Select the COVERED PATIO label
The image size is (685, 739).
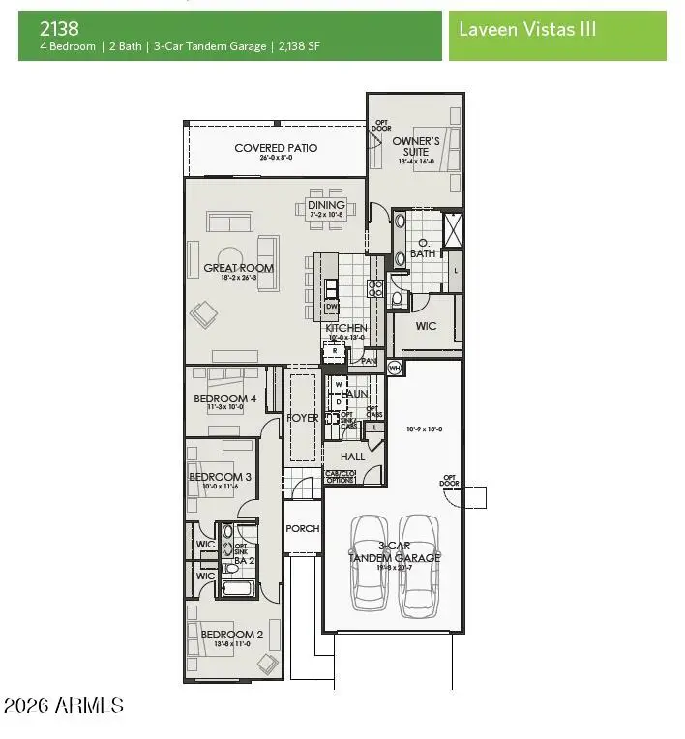coord(276,148)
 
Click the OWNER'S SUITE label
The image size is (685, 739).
coord(415,146)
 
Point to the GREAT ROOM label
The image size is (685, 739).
coord(238,268)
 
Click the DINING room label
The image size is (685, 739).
coord(326,205)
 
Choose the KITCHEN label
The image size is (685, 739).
coord(345,328)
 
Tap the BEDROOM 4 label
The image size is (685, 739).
coord(224,399)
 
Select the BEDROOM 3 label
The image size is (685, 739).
coord(220,477)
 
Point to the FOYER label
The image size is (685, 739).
coord(303,418)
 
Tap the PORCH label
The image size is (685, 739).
coord(302,529)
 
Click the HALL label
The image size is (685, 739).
coord(352,456)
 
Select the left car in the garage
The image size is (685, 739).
coord(370,562)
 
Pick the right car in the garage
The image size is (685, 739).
coord(418,562)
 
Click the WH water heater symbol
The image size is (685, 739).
coord(394,368)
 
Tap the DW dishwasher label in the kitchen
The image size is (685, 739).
coord(330,307)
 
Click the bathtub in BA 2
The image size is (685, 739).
coord(237,587)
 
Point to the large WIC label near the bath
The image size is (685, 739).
coord(426,326)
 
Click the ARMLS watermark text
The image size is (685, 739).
coord(64,706)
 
